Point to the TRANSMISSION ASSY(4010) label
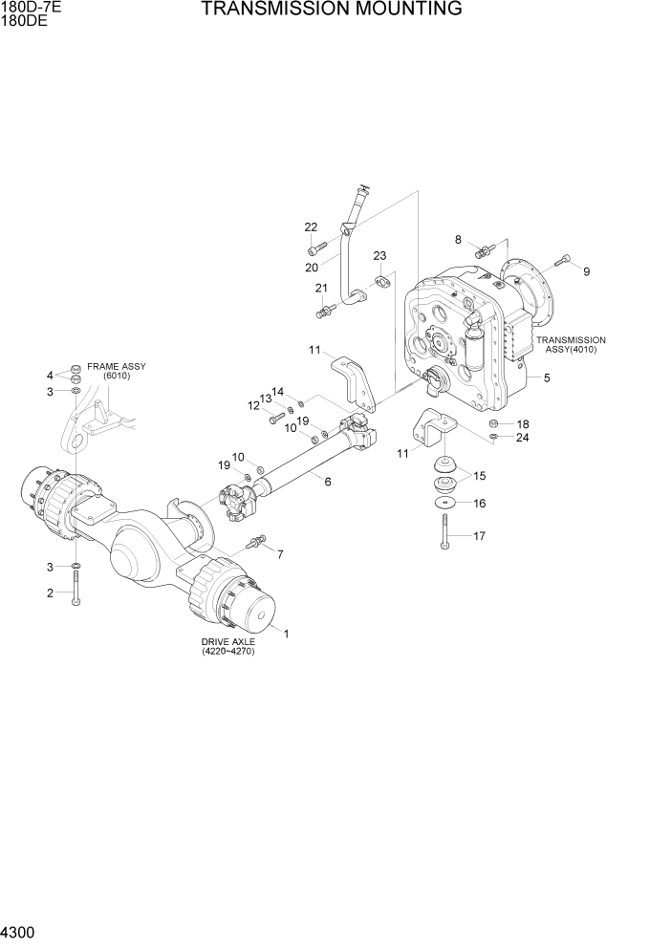pos(571,345)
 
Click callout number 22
pos(311,227)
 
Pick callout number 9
pos(586,271)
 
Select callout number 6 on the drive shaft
pos(328,482)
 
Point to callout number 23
pos(379,256)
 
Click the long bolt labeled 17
pos(444,529)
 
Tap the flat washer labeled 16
pos(445,504)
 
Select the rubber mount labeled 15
pos(445,472)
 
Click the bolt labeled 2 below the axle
pos(76,585)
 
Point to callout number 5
pos(546,378)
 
